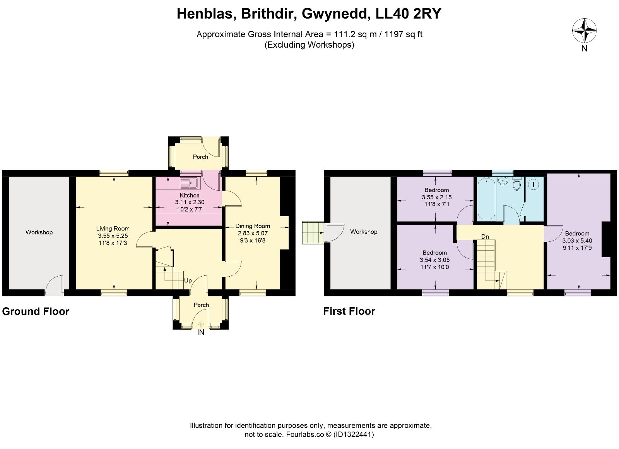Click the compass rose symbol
(x=584, y=31)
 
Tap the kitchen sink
(x=188, y=182)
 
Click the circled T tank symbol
(x=534, y=184)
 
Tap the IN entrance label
(x=201, y=332)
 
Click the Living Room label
(x=113, y=229)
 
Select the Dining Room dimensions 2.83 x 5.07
(x=253, y=233)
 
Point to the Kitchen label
(x=189, y=195)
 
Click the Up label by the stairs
(x=188, y=280)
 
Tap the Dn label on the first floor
(x=485, y=237)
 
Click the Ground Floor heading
(x=36, y=311)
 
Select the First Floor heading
(x=349, y=311)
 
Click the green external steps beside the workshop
(x=313, y=233)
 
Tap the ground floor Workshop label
(x=39, y=232)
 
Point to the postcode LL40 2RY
(x=408, y=14)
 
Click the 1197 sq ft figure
(x=403, y=34)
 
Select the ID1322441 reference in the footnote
(x=354, y=434)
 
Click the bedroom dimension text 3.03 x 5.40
(x=577, y=241)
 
